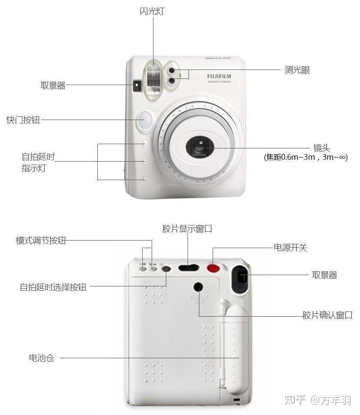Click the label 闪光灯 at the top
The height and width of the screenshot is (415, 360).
[153, 10]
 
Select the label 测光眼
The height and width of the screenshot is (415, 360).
[297, 70]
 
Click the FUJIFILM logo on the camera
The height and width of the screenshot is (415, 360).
[219, 76]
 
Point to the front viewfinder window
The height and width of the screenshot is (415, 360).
[137, 85]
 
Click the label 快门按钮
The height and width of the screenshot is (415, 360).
[23, 120]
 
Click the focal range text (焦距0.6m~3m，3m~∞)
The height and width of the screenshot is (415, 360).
[306, 157]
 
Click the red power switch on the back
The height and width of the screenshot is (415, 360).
[214, 268]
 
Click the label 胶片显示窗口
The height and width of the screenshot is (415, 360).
[187, 229]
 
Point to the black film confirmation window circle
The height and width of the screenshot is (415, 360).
[198, 286]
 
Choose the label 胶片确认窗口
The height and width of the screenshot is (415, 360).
[327, 315]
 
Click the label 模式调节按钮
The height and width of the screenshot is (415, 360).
[41, 241]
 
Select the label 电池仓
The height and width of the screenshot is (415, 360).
[42, 358]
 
